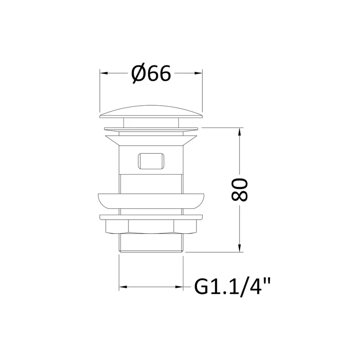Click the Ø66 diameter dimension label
151,73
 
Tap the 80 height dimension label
240,190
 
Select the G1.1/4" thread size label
232,287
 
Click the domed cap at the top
151,112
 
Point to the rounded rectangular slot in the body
151,161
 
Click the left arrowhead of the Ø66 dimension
104,73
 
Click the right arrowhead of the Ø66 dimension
198,73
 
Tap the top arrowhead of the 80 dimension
240,132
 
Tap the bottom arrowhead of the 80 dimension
240,248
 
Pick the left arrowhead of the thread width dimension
123,287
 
